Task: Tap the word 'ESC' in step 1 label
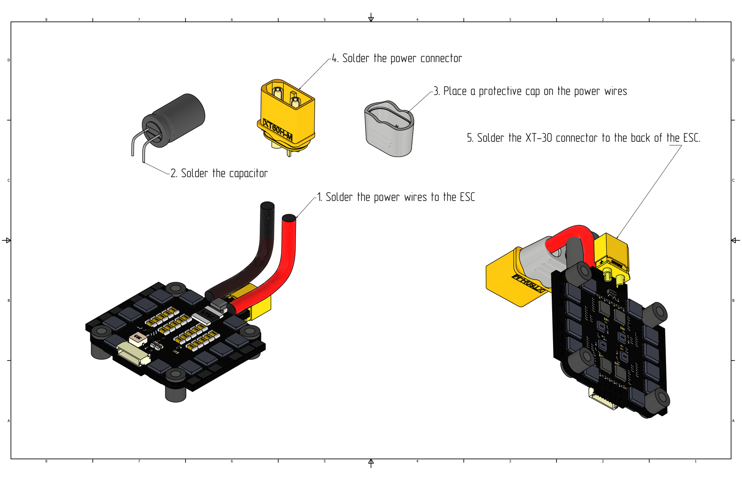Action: click(467, 197)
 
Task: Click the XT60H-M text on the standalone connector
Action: click(278, 130)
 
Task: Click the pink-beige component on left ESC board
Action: click(137, 338)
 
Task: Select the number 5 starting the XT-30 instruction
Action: click(470, 138)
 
